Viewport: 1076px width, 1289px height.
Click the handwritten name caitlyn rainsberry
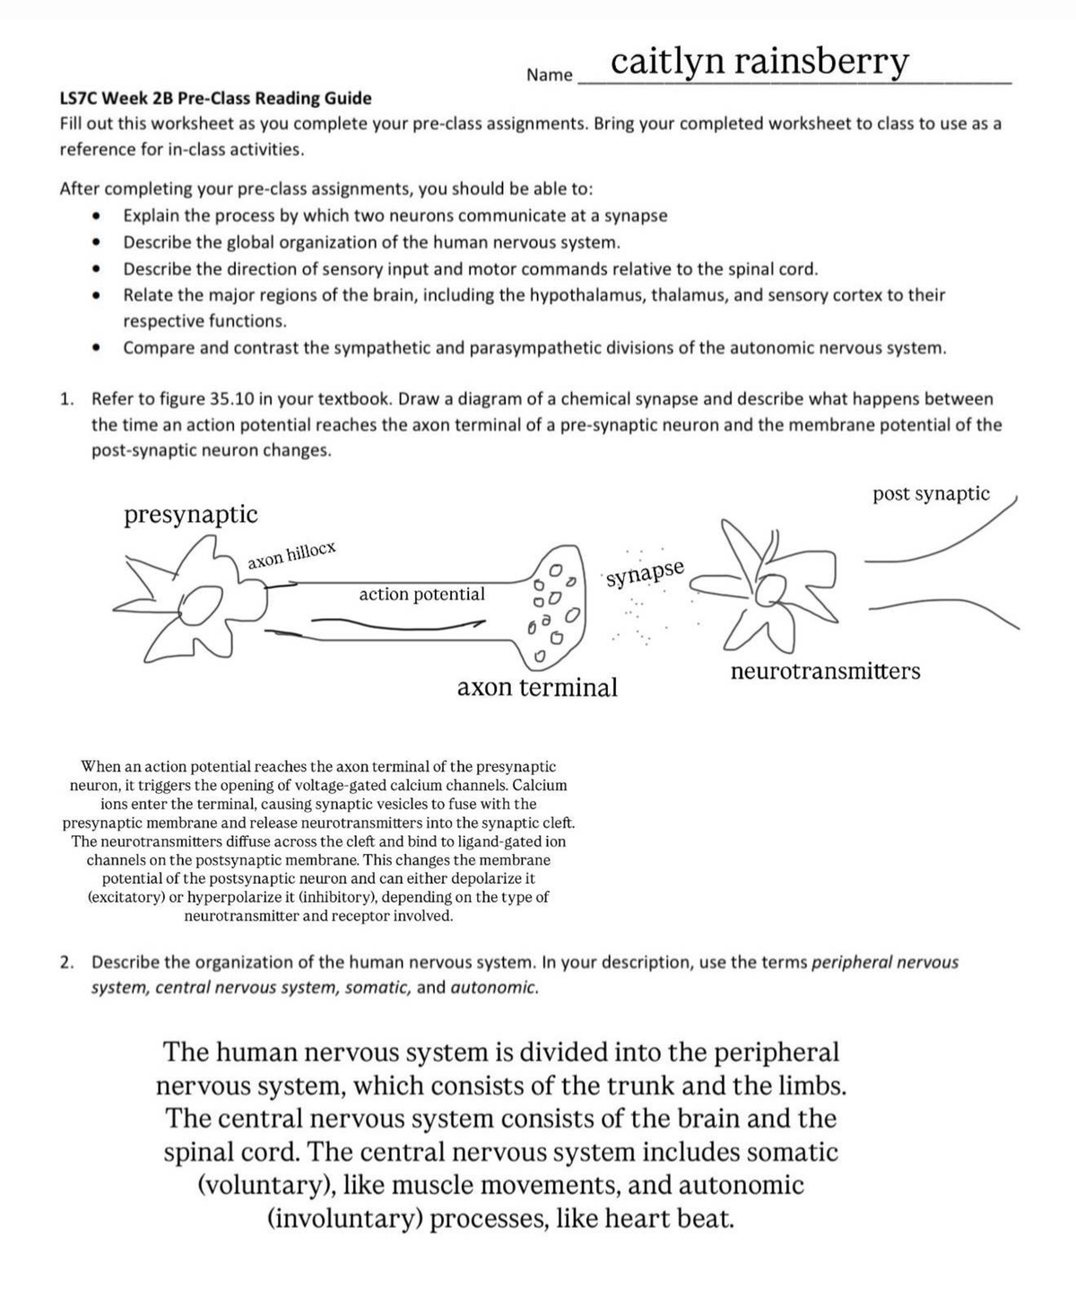pyautogui.click(x=759, y=62)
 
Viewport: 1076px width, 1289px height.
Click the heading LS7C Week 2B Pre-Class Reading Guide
pyautogui.click(x=215, y=98)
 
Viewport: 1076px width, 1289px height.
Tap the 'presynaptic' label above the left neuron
pyautogui.click(x=190, y=515)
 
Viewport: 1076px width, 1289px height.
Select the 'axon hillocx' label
pyautogui.click(x=291, y=556)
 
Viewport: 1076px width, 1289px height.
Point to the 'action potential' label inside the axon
pyautogui.click(x=421, y=594)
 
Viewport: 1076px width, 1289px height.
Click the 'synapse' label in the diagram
pyautogui.click(x=645, y=572)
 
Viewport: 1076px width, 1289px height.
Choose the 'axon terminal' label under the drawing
pyautogui.click(x=537, y=688)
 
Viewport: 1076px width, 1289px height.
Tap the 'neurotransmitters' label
pyautogui.click(x=825, y=672)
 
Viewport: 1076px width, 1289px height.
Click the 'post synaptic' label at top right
pyautogui.click(x=931, y=493)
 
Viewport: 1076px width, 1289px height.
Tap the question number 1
pyautogui.click(x=66, y=399)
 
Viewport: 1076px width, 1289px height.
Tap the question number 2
pyautogui.click(x=66, y=963)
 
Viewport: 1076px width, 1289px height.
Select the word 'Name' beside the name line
pyautogui.click(x=549, y=75)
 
